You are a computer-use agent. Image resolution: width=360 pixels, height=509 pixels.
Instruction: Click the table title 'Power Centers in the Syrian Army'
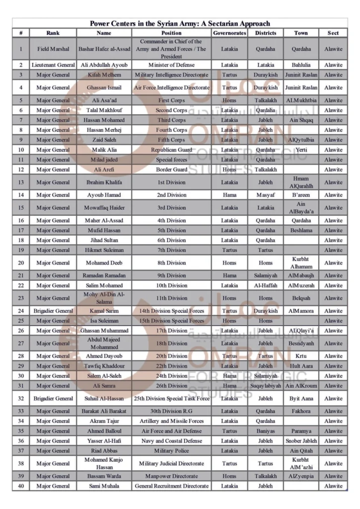[180, 23]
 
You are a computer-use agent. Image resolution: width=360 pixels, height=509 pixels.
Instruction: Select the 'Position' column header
[171, 33]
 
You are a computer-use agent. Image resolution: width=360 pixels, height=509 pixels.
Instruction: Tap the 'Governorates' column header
[230, 33]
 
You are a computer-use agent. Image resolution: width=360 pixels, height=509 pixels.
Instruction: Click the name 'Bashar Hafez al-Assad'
[104, 49]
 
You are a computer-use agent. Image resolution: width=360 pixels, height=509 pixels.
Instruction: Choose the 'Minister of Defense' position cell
[171, 65]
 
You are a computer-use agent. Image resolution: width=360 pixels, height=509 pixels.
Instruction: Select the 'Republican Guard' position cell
[171, 149]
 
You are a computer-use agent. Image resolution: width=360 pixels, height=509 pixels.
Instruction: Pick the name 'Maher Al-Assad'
[104, 220]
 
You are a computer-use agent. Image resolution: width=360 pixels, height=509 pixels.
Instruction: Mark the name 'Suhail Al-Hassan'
[104, 398]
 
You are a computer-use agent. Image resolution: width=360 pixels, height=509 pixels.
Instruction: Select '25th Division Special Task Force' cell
[171, 398]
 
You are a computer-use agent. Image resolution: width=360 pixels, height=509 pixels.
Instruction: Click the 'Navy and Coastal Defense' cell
[171, 440]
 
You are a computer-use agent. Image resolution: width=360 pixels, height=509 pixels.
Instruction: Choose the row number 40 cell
[21, 486]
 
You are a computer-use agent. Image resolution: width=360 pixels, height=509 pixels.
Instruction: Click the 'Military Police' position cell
[171, 450]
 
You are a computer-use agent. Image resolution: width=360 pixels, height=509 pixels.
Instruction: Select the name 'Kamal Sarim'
[104, 311]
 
